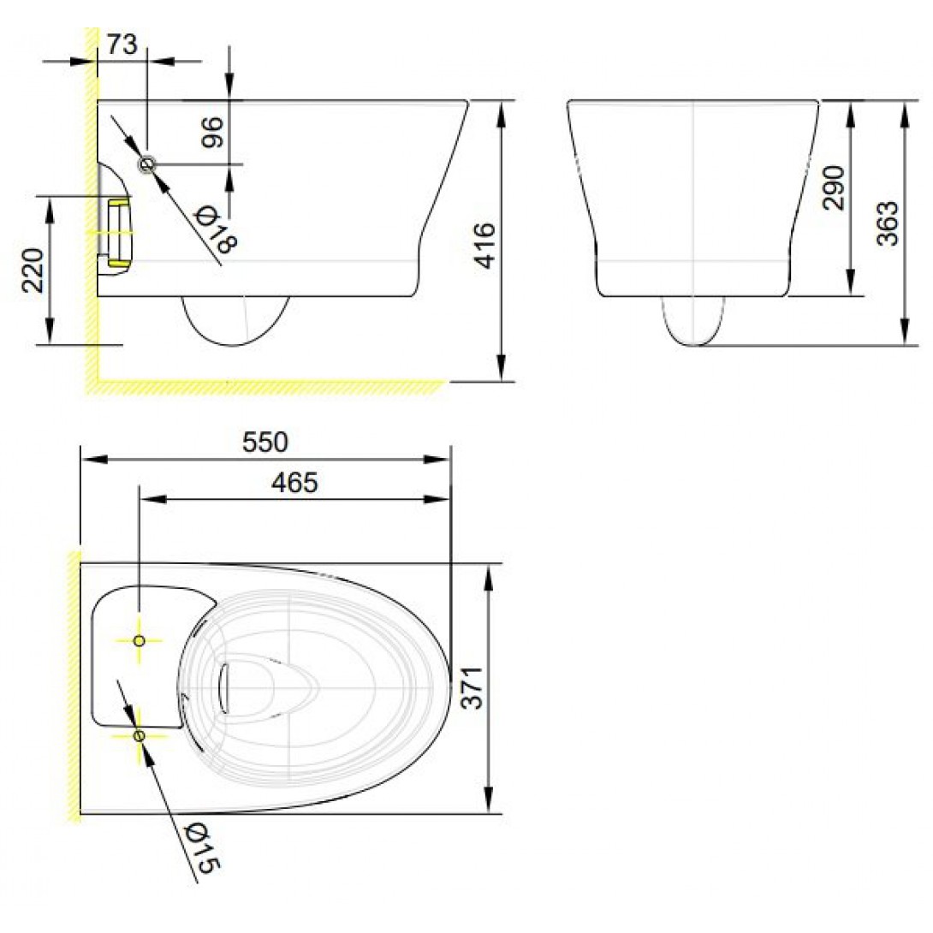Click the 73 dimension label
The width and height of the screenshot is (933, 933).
(122, 45)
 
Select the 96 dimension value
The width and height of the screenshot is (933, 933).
(212, 133)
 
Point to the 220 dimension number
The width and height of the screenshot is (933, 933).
(33, 270)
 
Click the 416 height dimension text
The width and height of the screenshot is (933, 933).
(484, 246)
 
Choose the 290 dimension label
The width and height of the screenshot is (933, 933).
(834, 187)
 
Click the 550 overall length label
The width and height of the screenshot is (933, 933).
(265, 443)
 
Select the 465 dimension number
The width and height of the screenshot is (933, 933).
(294, 483)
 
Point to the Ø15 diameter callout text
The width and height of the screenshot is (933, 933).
(202, 847)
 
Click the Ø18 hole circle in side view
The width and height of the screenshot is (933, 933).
(147, 163)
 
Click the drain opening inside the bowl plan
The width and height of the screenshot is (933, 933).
(226, 687)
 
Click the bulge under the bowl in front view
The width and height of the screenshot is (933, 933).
(694, 322)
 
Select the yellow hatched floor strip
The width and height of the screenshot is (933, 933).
(265, 387)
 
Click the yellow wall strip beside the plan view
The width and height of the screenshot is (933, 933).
(74, 685)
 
